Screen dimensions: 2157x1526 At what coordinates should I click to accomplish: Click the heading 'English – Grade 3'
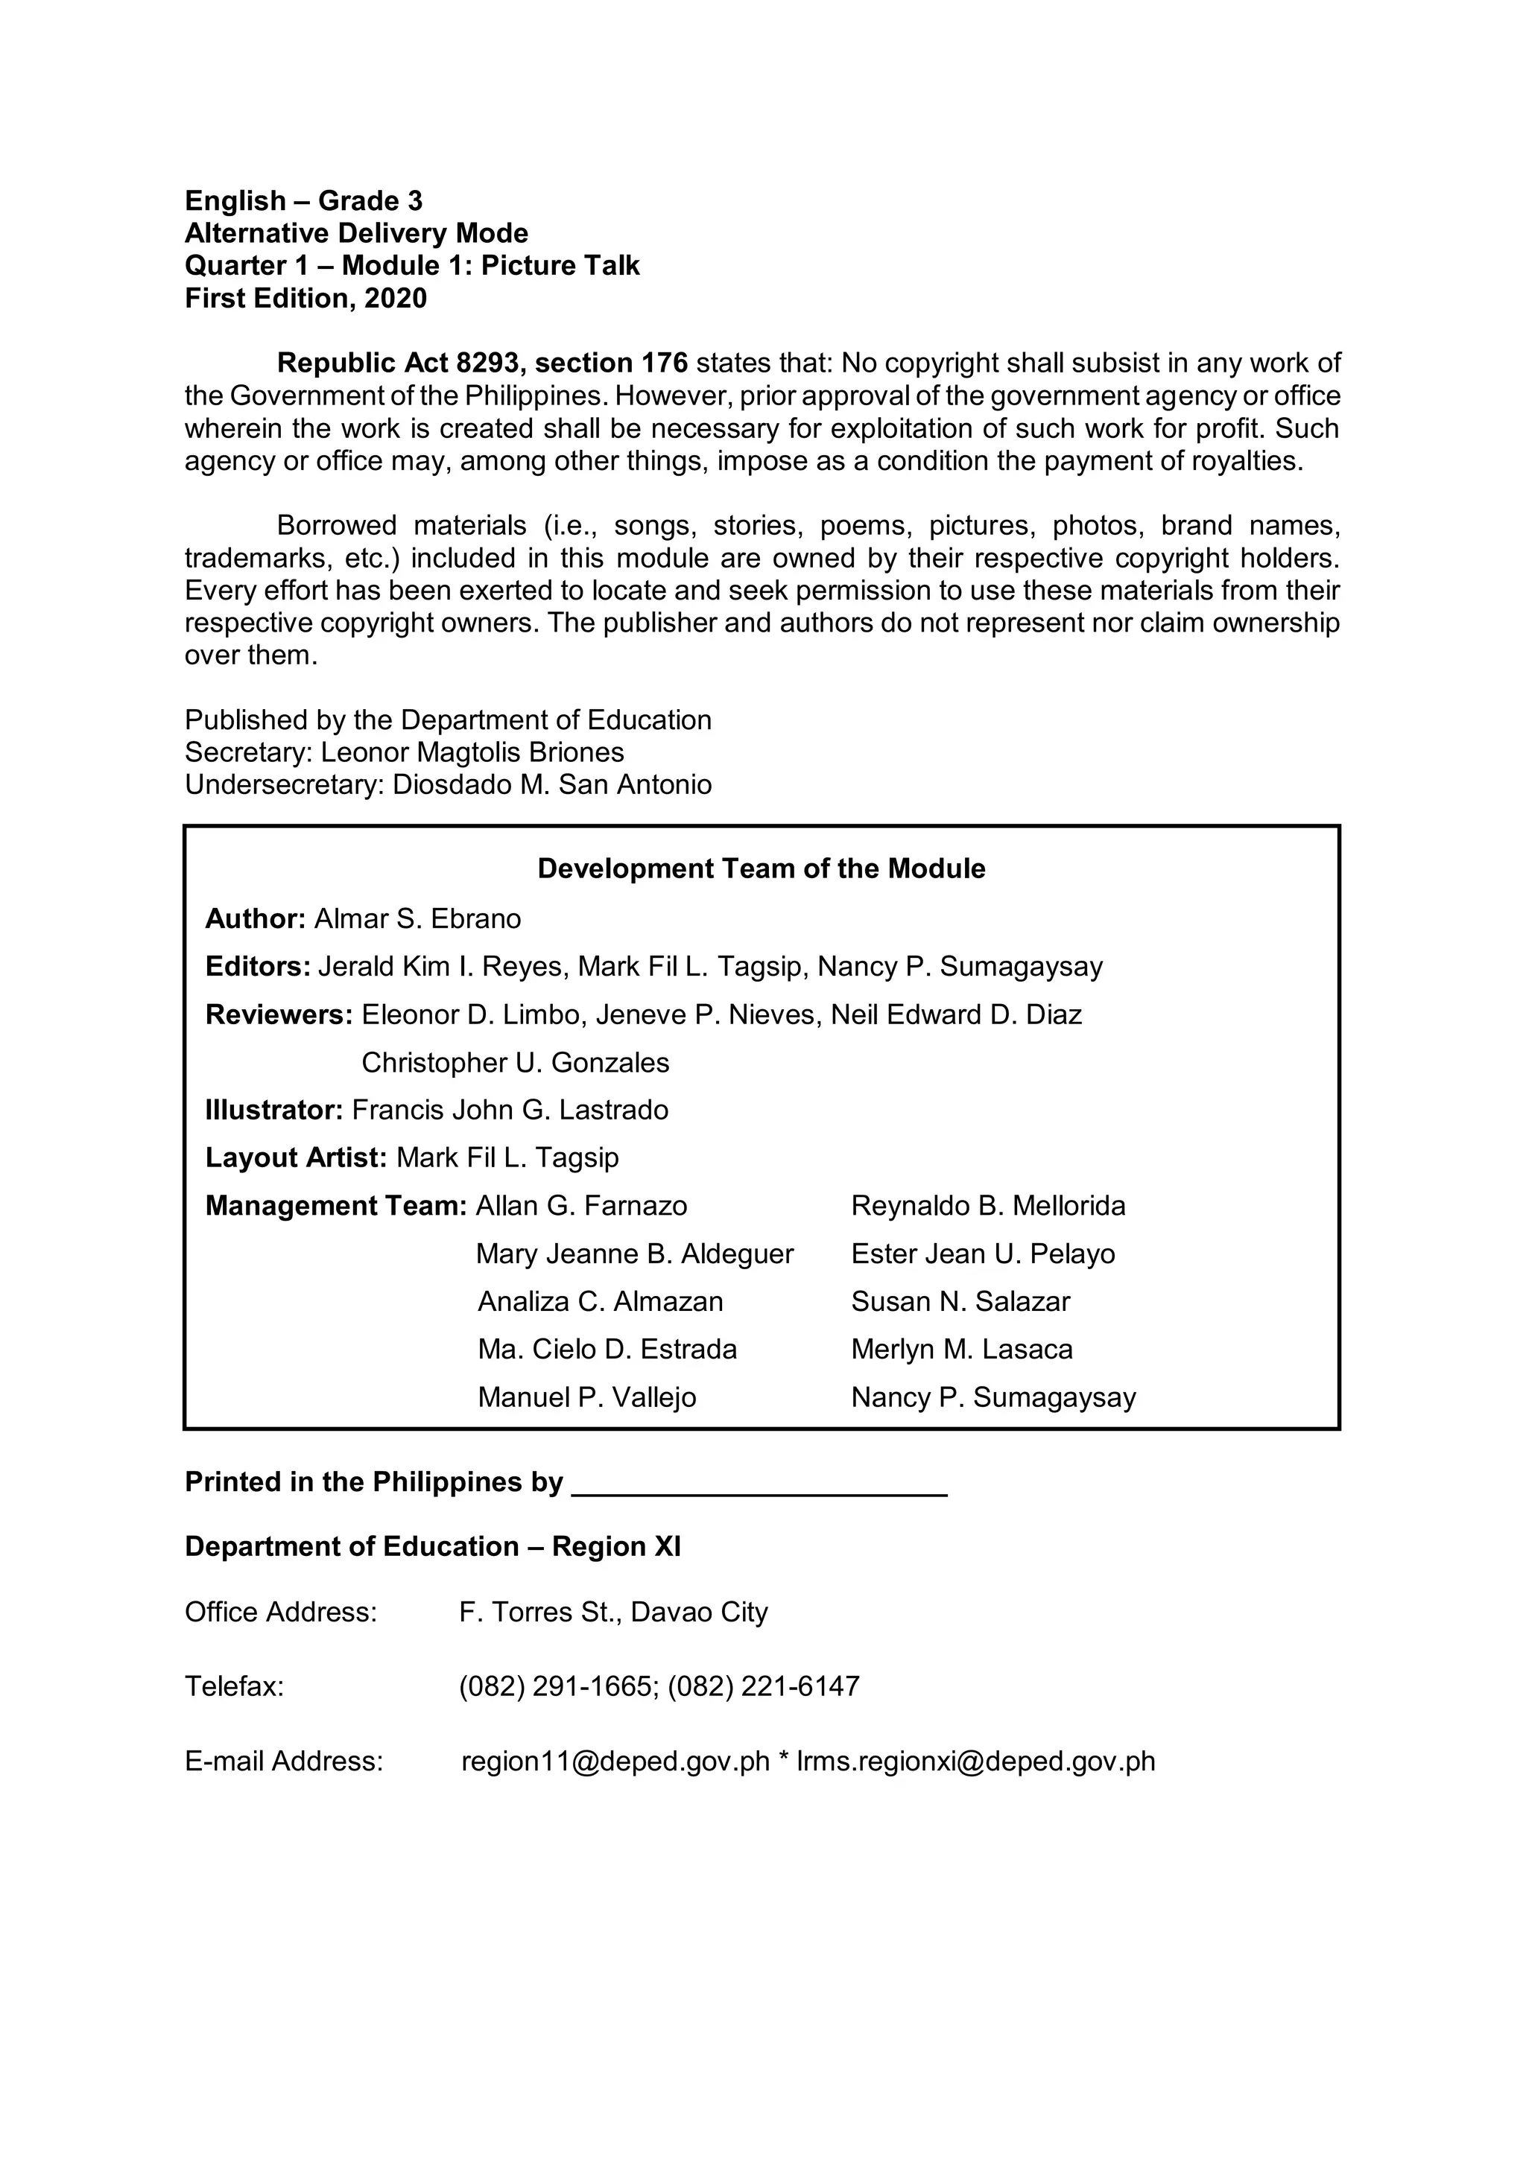click(303, 201)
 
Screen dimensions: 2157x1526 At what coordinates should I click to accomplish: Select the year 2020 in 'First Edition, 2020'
click(396, 299)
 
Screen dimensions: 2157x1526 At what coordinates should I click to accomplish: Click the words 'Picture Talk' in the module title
click(560, 266)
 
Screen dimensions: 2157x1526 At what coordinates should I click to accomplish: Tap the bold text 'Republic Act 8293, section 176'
click(482, 363)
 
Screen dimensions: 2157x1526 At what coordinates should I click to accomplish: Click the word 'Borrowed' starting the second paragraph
click(336, 525)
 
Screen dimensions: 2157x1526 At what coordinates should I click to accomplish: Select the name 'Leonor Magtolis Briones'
click(472, 752)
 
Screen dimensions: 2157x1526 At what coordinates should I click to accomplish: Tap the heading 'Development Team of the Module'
click(761, 869)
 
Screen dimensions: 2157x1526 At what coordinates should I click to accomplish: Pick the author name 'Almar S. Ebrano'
click(417, 919)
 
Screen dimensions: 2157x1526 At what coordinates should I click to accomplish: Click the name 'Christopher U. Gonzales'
click(515, 1063)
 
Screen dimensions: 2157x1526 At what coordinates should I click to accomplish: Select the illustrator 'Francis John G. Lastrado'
click(510, 1111)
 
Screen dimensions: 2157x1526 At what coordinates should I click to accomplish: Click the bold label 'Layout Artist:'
click(296, 1158)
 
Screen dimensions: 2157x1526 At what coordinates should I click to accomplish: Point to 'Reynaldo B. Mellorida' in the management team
click(987, 1207)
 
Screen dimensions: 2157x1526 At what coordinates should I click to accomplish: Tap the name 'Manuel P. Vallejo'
click(586, 1398)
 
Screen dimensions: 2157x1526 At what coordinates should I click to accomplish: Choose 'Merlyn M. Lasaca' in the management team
click(961, 1350)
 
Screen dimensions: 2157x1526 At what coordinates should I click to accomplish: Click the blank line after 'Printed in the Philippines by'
click(759, 1484)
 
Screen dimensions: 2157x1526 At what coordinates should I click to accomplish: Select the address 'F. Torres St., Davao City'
click(612, 1612)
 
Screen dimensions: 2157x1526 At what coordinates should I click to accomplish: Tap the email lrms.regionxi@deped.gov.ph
click(975, 1762)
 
